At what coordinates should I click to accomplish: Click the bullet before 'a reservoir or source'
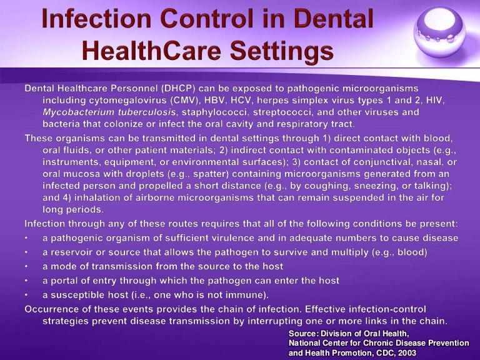(x=27, y=252)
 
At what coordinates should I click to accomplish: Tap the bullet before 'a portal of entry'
(x=27, y=280)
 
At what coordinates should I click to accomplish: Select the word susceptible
(x=79, y=294)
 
